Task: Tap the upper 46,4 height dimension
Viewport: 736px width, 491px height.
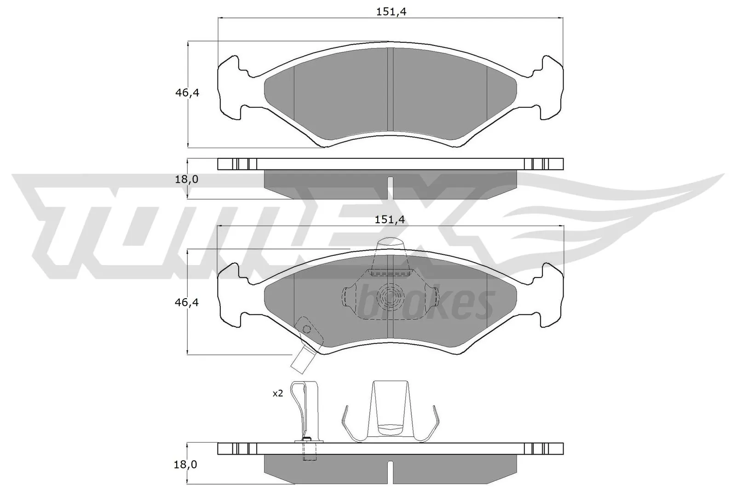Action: [x=187, y=92]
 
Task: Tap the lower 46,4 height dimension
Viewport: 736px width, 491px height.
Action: [x=187, y=302]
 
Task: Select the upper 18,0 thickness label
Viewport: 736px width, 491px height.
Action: [x=186, y=179]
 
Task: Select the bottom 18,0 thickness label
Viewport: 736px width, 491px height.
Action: [x=186, y=465]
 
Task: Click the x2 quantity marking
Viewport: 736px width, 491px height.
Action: [x=278, y=394]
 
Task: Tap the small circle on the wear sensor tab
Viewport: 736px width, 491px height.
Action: [x=306, y=329]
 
